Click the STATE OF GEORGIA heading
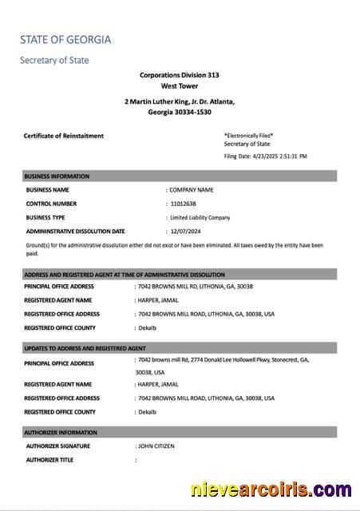click(65, 39)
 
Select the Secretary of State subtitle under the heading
click(54, 60)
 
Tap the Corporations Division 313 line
click(180, 75)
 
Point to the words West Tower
click(180, 85)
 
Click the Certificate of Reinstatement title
click(64, 136)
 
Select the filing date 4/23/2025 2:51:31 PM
click(279, 156)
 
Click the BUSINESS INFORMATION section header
click(57, 176)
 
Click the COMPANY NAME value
click(192, 190)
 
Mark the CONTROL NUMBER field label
click(51, 204)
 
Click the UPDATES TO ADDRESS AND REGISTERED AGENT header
click(85, 348)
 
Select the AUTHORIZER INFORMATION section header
click(61, 432)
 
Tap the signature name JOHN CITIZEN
click(156, 446)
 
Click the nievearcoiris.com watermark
click(271, 489)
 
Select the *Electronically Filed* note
click(249, 136)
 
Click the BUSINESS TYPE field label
click(45, 217)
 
